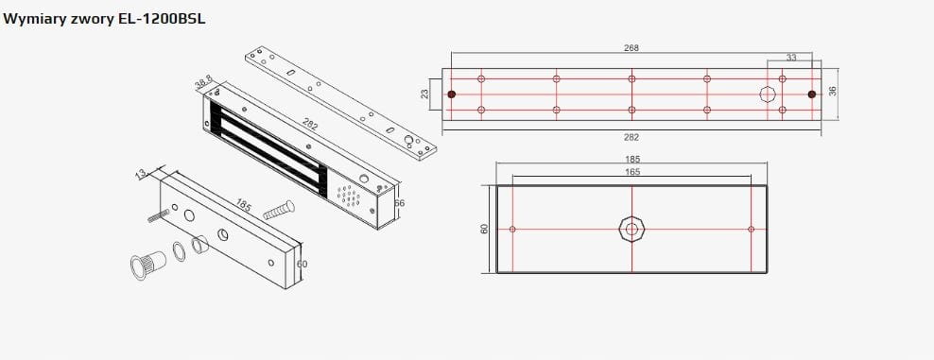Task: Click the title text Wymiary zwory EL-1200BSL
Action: (104, 19)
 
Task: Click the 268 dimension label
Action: (631, 48)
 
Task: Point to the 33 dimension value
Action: (791, 58)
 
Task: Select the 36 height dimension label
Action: (832, 91)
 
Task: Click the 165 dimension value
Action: (632, 172)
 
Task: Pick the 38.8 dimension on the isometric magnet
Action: (204, 84)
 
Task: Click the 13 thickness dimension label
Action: (141, 174)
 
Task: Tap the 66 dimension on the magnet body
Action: (399, 203)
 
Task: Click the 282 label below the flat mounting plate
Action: (631, 137)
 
